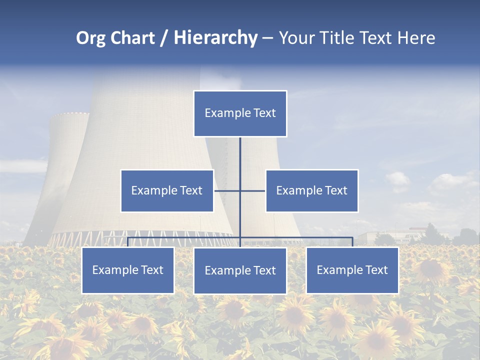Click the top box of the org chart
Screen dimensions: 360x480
point(240,113)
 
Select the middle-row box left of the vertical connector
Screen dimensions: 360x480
point(167,190)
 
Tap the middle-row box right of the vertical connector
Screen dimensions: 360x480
point(311,190)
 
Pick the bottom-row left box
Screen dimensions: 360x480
point(127,270)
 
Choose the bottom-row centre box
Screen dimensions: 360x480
point(240,271)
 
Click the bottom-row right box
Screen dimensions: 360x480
point(352,270)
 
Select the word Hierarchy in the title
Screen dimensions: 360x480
point(215,38)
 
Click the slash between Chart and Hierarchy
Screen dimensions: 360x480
point(163,38)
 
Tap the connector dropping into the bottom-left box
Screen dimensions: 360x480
point(127,242)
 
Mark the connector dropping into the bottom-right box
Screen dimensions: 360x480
point(352,242)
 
